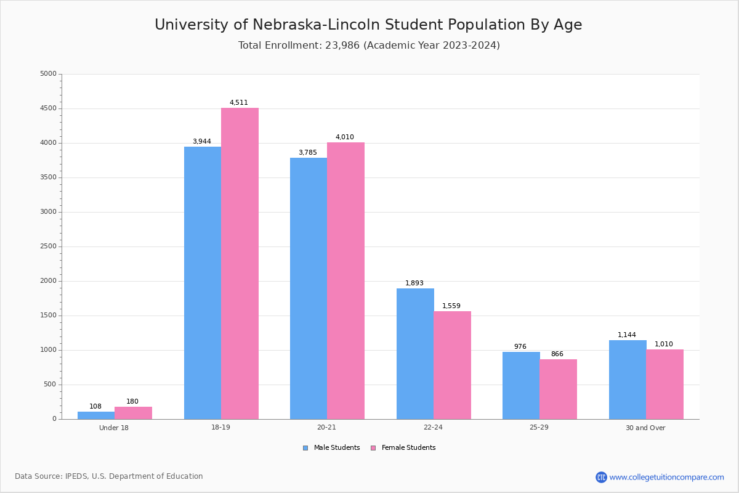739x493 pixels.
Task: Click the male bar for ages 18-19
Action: click(x=203, y=283)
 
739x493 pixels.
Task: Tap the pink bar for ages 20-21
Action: click(x=345, y=281)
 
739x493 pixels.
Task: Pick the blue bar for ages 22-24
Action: click(x=415, y=354)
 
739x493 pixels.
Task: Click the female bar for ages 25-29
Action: click(x=558, y=389)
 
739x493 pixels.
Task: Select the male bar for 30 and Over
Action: click(x=628, y=380)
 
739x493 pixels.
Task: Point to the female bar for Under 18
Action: click(x=133, y=413)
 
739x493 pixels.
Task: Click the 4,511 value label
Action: click(x=239, y=103)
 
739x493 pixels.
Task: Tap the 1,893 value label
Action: click(x=414, y=283)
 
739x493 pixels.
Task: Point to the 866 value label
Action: click(x=557, y=354)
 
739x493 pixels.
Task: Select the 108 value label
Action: click(x=95, y=407)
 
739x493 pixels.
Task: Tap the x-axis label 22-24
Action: click(x=433, y=428)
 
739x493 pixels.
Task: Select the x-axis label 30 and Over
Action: click(x=645, y=428)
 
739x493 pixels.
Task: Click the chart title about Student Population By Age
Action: click(x=368, y=25)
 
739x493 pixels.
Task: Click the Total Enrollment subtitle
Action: click(x=369, y=46)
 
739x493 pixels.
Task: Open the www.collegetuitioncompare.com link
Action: click(x=666, y=477)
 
